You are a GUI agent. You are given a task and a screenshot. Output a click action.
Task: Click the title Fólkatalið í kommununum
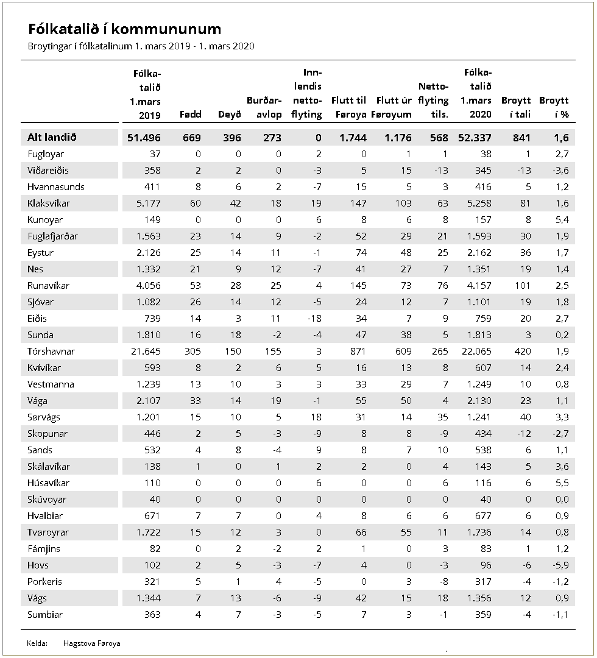pos(125,29)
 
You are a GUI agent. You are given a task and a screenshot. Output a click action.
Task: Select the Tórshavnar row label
pos(51,352)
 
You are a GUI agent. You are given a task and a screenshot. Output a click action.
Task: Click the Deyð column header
pos(230,115)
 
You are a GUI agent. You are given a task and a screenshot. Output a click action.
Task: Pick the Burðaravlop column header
pos(264,107)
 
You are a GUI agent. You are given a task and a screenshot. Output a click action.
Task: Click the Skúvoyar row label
pos(48,500)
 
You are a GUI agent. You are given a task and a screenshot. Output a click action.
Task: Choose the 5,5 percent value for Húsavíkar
pos(561,483)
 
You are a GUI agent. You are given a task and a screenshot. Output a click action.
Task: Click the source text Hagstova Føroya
pos(91,643)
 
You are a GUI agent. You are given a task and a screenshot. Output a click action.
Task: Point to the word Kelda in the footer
pos(37,643)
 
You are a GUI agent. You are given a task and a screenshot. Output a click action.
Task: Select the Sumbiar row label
pos(45,615)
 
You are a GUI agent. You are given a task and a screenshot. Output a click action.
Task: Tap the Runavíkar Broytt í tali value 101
pos(522,286)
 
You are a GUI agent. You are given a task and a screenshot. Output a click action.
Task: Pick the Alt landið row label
pos(51,138)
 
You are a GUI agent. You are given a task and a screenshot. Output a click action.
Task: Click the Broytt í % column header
pos(554,107)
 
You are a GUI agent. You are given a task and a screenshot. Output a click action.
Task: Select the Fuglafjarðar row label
pos(52,236)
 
